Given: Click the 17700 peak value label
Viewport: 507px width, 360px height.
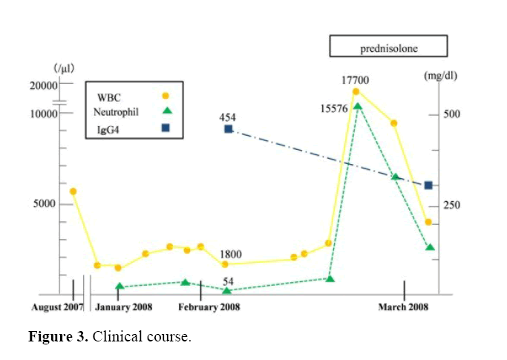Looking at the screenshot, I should [x=355, y=80].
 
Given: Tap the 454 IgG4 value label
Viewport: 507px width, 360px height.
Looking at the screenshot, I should [x=228, y=117].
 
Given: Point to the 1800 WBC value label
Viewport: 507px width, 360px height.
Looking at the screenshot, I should [x=229, y=254].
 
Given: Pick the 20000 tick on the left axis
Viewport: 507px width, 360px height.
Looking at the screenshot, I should [x=43, y=85].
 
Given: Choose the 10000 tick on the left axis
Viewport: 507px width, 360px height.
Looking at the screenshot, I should [x=43, y=114].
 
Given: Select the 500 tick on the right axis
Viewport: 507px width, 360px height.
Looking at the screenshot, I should [x=453, y=114].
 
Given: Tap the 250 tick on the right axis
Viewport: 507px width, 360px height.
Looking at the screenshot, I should [x=453, y=205].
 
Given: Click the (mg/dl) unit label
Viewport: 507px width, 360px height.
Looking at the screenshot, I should [x=439, y=76].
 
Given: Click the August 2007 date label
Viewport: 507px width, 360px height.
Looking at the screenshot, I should [x=58, y=307].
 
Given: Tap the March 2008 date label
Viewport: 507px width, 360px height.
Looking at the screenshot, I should [x=403, y=307].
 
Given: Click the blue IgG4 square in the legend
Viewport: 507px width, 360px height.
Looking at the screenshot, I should [x=166, y=128].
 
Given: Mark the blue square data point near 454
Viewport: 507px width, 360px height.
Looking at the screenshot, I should [x=229, y=129].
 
